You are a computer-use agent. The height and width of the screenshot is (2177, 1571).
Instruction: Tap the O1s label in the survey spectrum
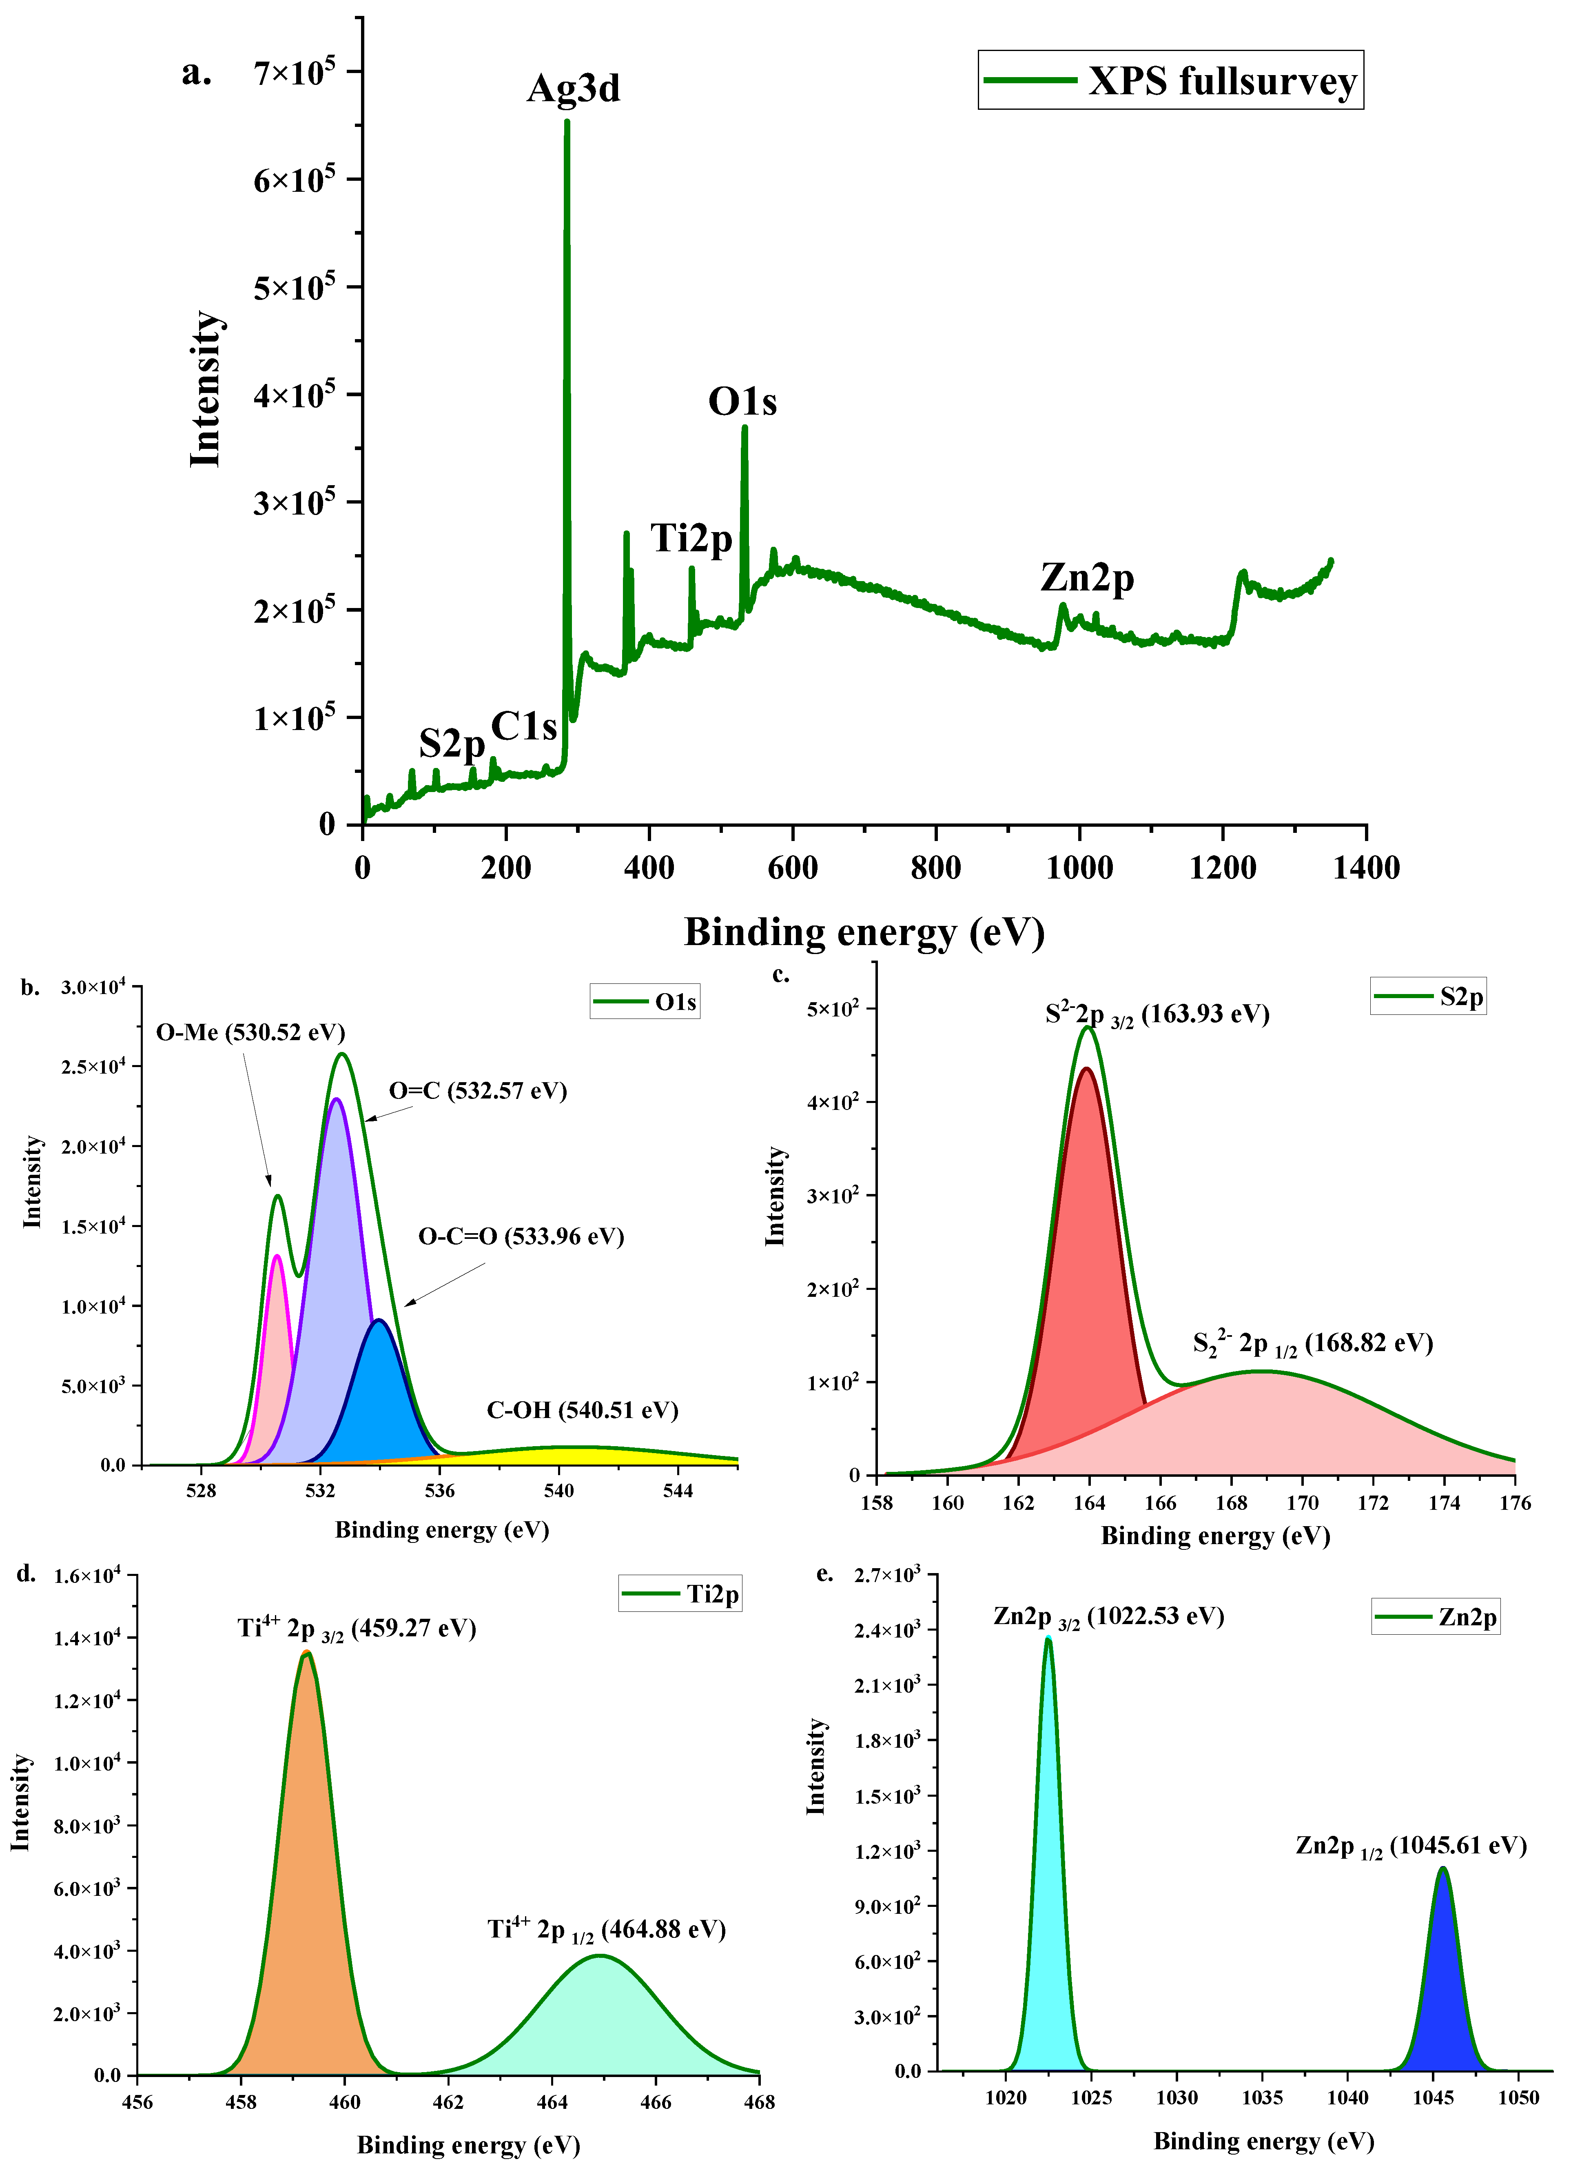[742, 401]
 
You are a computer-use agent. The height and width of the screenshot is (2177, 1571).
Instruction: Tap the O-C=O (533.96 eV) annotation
[521, 1236]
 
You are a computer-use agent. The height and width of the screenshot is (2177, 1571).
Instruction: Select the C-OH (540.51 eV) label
[583, 1410]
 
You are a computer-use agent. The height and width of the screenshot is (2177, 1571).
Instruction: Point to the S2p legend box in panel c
[1428, 996]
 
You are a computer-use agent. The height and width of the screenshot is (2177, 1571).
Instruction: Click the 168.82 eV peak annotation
[1313, 1343]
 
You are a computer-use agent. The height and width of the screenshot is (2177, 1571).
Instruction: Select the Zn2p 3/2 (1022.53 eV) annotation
[1108, 1616]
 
